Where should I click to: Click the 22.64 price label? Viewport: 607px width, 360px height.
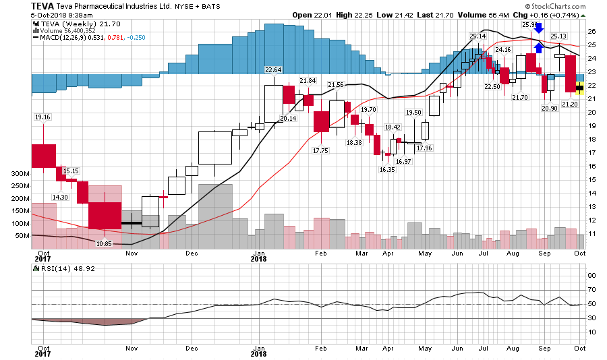click(x=273, y=69)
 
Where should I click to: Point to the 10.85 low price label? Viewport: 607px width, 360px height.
click(x=104, y=243)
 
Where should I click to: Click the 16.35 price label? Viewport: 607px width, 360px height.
click(x=387, y=170)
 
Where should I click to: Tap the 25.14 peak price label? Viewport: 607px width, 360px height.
click(x=478, y=36)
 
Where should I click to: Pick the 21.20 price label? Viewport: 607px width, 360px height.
click(x=569, y=104)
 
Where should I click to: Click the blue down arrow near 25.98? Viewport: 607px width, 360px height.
click(x=538, y=28)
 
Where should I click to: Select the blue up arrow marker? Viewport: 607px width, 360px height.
click(x=538, y=47)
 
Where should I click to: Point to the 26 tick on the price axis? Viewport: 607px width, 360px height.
click(x=591, y=31)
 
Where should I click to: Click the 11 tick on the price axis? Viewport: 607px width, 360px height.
click(x=591, y=233)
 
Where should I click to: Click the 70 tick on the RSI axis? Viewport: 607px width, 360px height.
click(x=591, y=289)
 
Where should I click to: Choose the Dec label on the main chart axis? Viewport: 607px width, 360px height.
click(x=191, y=253)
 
